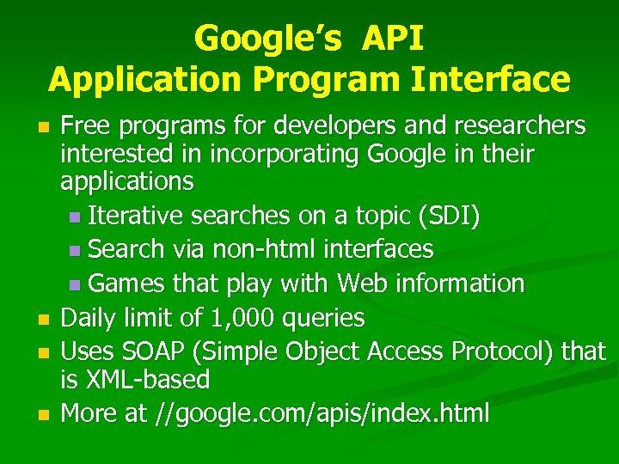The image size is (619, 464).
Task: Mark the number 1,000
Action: [x=231, y=319]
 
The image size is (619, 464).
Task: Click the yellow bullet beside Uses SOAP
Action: [x=45, y=352]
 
